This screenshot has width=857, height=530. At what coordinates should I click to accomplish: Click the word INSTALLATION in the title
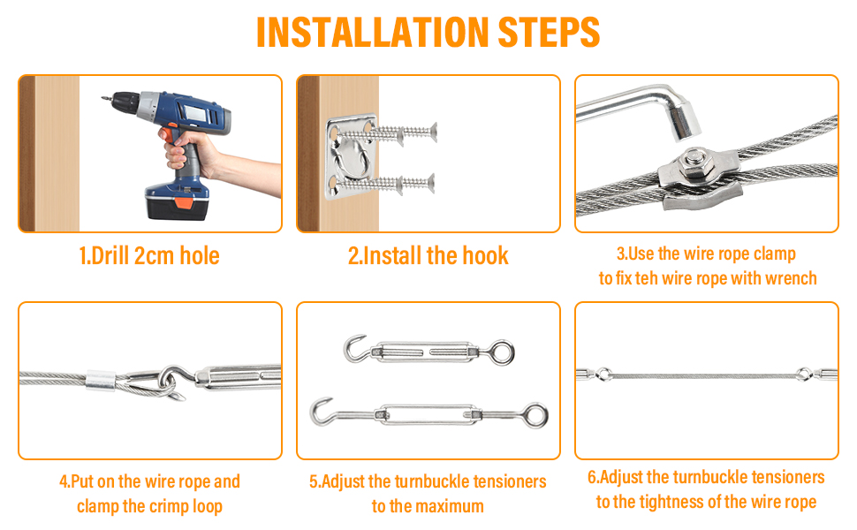pos(372,32)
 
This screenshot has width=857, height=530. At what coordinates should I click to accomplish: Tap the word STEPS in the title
pos(550,32)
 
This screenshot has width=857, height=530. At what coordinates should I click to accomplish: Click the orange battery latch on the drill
pos(184,203)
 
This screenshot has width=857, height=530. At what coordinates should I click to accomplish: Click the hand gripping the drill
pos(188,150)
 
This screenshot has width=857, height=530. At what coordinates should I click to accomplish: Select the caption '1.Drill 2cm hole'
pos(149,255)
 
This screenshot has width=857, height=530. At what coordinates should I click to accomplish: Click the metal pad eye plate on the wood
pos(352,157)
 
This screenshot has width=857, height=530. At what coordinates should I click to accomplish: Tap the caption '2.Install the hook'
pos(428,255)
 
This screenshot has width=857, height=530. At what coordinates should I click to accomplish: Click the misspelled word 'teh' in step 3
pos(646,278)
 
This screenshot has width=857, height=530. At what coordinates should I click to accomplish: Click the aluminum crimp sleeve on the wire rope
pos(101,381)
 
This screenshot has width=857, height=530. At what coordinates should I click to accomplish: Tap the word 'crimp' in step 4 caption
pos(169,506)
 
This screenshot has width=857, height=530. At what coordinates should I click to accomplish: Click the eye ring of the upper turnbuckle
pos(501,352)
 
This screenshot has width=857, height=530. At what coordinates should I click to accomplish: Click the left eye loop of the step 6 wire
pos(603,375)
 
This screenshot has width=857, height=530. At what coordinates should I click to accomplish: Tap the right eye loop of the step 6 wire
pos(803,375)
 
